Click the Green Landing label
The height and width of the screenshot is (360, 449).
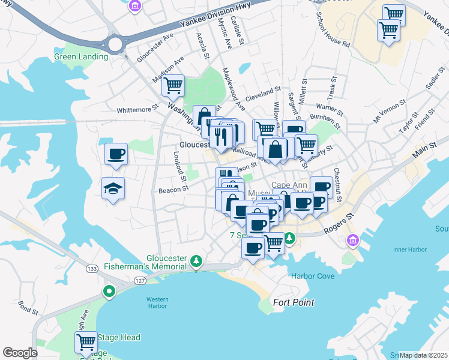click(x=81, y=57)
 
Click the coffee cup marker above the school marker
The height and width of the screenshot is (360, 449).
click(x=116, y=154)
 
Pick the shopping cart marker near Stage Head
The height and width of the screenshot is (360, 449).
click(x=86, y=342)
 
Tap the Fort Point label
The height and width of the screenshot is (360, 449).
click(x=294, y=302)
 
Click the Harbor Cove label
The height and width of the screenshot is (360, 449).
click(x=313, y=277)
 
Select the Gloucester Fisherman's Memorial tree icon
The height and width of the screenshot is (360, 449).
click(x=196, y=260)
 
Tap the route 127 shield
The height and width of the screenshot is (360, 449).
click(x=140, y=280)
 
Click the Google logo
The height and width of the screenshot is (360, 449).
click(x=20, y=353)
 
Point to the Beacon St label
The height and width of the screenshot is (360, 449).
click(x=173, y=189)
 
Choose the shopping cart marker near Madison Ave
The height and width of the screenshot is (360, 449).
click(x=173, y=86)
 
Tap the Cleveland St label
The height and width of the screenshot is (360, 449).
click(x=263, y=91)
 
